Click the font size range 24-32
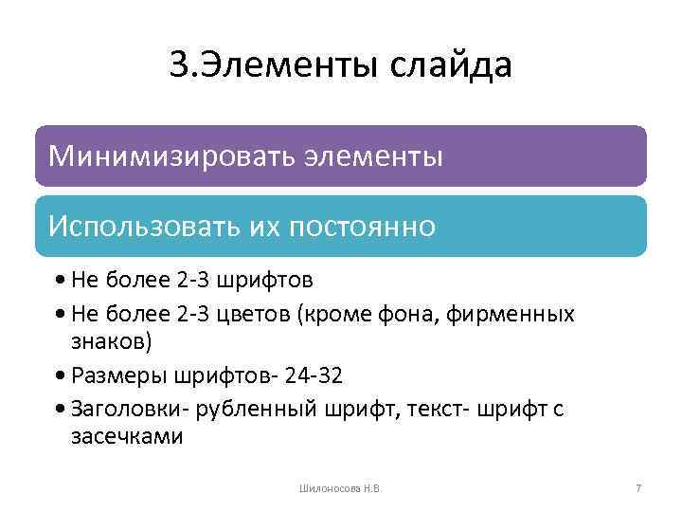(312, 375)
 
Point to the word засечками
(127, 437)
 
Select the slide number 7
(638, 488)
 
